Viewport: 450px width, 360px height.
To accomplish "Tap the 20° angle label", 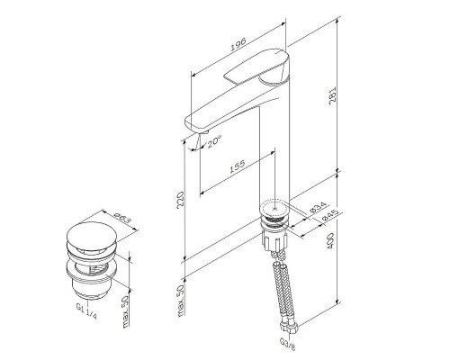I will coord(213,140).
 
